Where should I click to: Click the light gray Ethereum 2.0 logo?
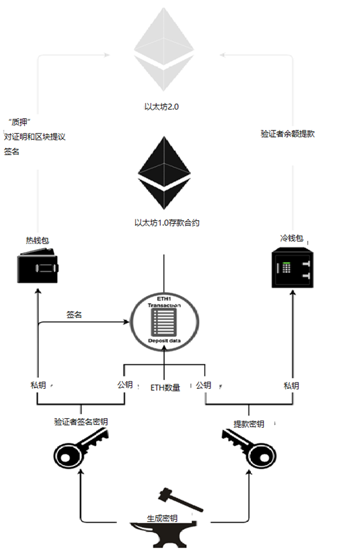(x=164, y=52)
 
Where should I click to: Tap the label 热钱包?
(x=36, y=240)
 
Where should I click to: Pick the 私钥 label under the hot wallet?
(x=38, y=385)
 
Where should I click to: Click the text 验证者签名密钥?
(x=81, y=421)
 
